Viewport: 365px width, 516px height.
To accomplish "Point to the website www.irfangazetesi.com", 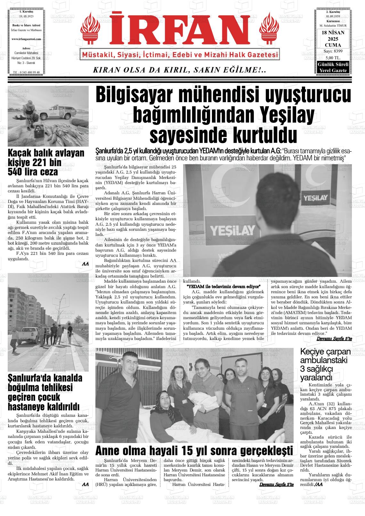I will point(26,39).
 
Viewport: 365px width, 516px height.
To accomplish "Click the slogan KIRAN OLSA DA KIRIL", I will point(179,70).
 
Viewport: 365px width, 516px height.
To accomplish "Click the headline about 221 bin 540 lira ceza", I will point(46,162).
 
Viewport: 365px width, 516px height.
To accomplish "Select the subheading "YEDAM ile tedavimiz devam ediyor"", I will point(223,286).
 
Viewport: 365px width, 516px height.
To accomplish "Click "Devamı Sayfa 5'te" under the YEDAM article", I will point(334,338).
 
